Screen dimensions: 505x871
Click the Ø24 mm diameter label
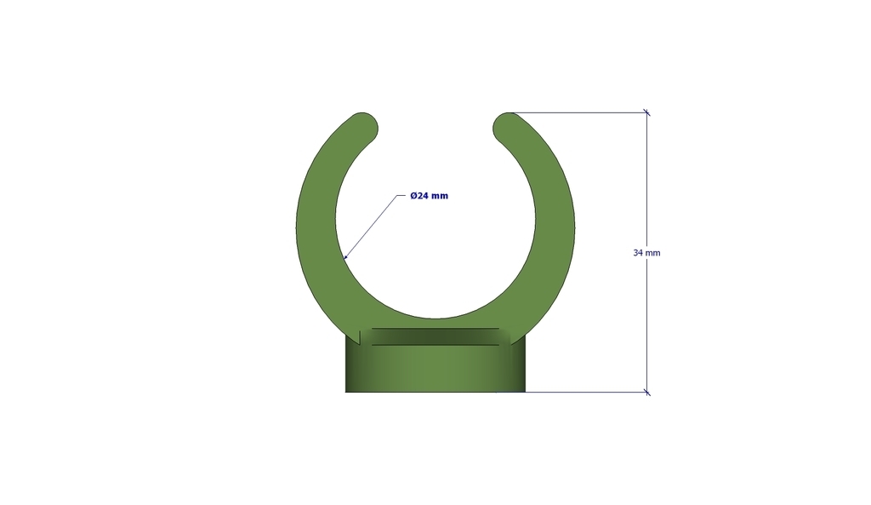click(x=429, y=196)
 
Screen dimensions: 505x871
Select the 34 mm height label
click(x=646, y=253)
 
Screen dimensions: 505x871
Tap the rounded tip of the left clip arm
click(x=364, y=126)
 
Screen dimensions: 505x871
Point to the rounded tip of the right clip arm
click(x=507, y=126)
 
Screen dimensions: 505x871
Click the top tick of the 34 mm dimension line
click(x=646, y=112)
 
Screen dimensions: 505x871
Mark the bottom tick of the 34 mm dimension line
click(x=646, y=393)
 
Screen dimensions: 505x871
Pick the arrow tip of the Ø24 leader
click(x=344, y=257)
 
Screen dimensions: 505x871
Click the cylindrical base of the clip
click(x=435, y=370)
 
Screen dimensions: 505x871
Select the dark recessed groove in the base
click(x=435, y=336)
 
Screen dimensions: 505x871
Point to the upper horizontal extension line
click(x=578, y=112)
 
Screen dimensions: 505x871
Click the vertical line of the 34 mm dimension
click(x=646, y=187)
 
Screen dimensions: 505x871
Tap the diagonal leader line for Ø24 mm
click(x=370, y=227)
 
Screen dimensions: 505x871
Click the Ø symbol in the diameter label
click(x=413, y=196)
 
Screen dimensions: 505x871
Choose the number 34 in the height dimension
click(x=638, y=253)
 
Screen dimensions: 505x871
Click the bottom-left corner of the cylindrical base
click(x=345, y=392)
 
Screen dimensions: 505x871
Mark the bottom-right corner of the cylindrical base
click(x=525, y=392)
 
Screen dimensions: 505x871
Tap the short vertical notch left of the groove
click(x=361, y=337)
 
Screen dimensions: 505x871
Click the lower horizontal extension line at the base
click(x=587, y=393)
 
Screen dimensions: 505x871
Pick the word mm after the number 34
click(x=653, y=253)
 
